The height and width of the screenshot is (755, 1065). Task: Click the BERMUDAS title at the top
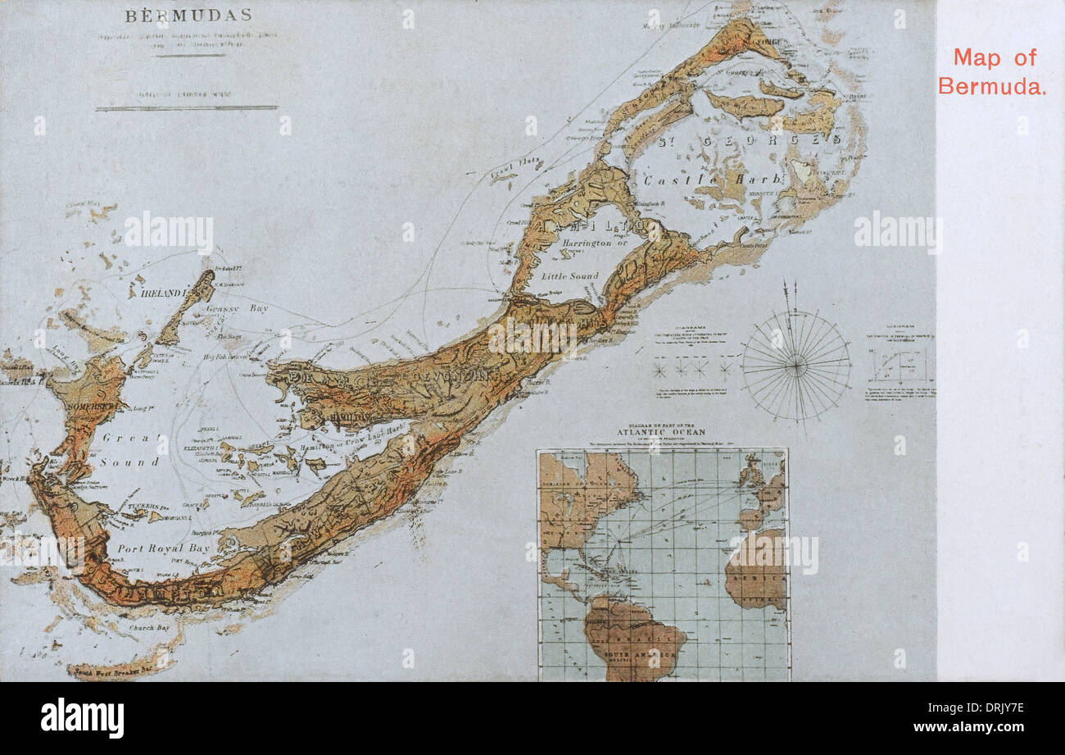(188, 16)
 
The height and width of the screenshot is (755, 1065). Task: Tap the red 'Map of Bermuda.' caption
(992, 71)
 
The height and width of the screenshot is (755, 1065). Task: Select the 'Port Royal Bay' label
(163, 548)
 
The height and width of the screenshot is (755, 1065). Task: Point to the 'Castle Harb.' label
(681, 180)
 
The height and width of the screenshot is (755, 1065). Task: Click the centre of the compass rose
(795, 366)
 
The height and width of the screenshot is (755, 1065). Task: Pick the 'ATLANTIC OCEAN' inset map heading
(662, 432)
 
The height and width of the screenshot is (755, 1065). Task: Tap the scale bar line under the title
(187, 107)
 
